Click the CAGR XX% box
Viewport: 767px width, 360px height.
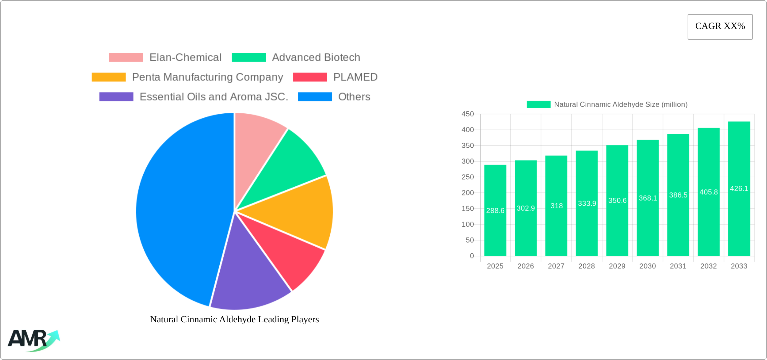point(720,27)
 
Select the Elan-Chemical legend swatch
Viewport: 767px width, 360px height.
point(126,58)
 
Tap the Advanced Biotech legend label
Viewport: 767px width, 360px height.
point(316,58)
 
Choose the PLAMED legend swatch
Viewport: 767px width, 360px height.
point(310,77)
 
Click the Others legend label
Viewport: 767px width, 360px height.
point(354,97)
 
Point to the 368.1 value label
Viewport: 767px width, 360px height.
point(648,198)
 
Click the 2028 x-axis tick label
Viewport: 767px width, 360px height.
point(587,266)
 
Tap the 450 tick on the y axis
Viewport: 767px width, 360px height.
point(468,114)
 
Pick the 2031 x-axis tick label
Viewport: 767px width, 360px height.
point(678,266)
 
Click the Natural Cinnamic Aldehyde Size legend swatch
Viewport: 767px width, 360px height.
point(538,105)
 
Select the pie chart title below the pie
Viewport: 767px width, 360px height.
point(234,319)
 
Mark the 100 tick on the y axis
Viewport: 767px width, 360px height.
point(468,224)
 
